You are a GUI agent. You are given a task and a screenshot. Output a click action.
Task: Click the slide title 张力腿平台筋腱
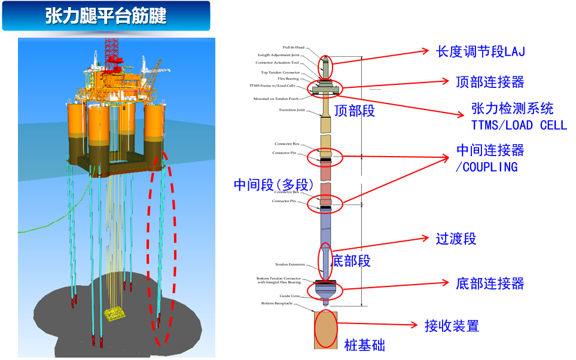(106, 16)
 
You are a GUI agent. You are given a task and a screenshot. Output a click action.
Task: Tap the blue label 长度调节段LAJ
(480, 51)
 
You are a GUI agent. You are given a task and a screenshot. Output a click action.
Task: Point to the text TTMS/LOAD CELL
(519, 125)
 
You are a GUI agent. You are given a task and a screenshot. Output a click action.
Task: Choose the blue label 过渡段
(456, 239)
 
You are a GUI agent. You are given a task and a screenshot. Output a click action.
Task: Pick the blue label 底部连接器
(489, 282)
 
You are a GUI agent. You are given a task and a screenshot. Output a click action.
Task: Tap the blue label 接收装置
(452, 326)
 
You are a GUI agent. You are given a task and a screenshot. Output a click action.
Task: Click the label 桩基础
(364, 344)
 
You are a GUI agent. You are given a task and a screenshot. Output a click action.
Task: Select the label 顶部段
(354, 111)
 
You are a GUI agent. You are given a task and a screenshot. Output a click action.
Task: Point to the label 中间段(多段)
(273, 185)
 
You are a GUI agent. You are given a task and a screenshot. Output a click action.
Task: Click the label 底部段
(351, 261)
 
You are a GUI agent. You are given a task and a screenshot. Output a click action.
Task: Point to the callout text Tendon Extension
(290, 264)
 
